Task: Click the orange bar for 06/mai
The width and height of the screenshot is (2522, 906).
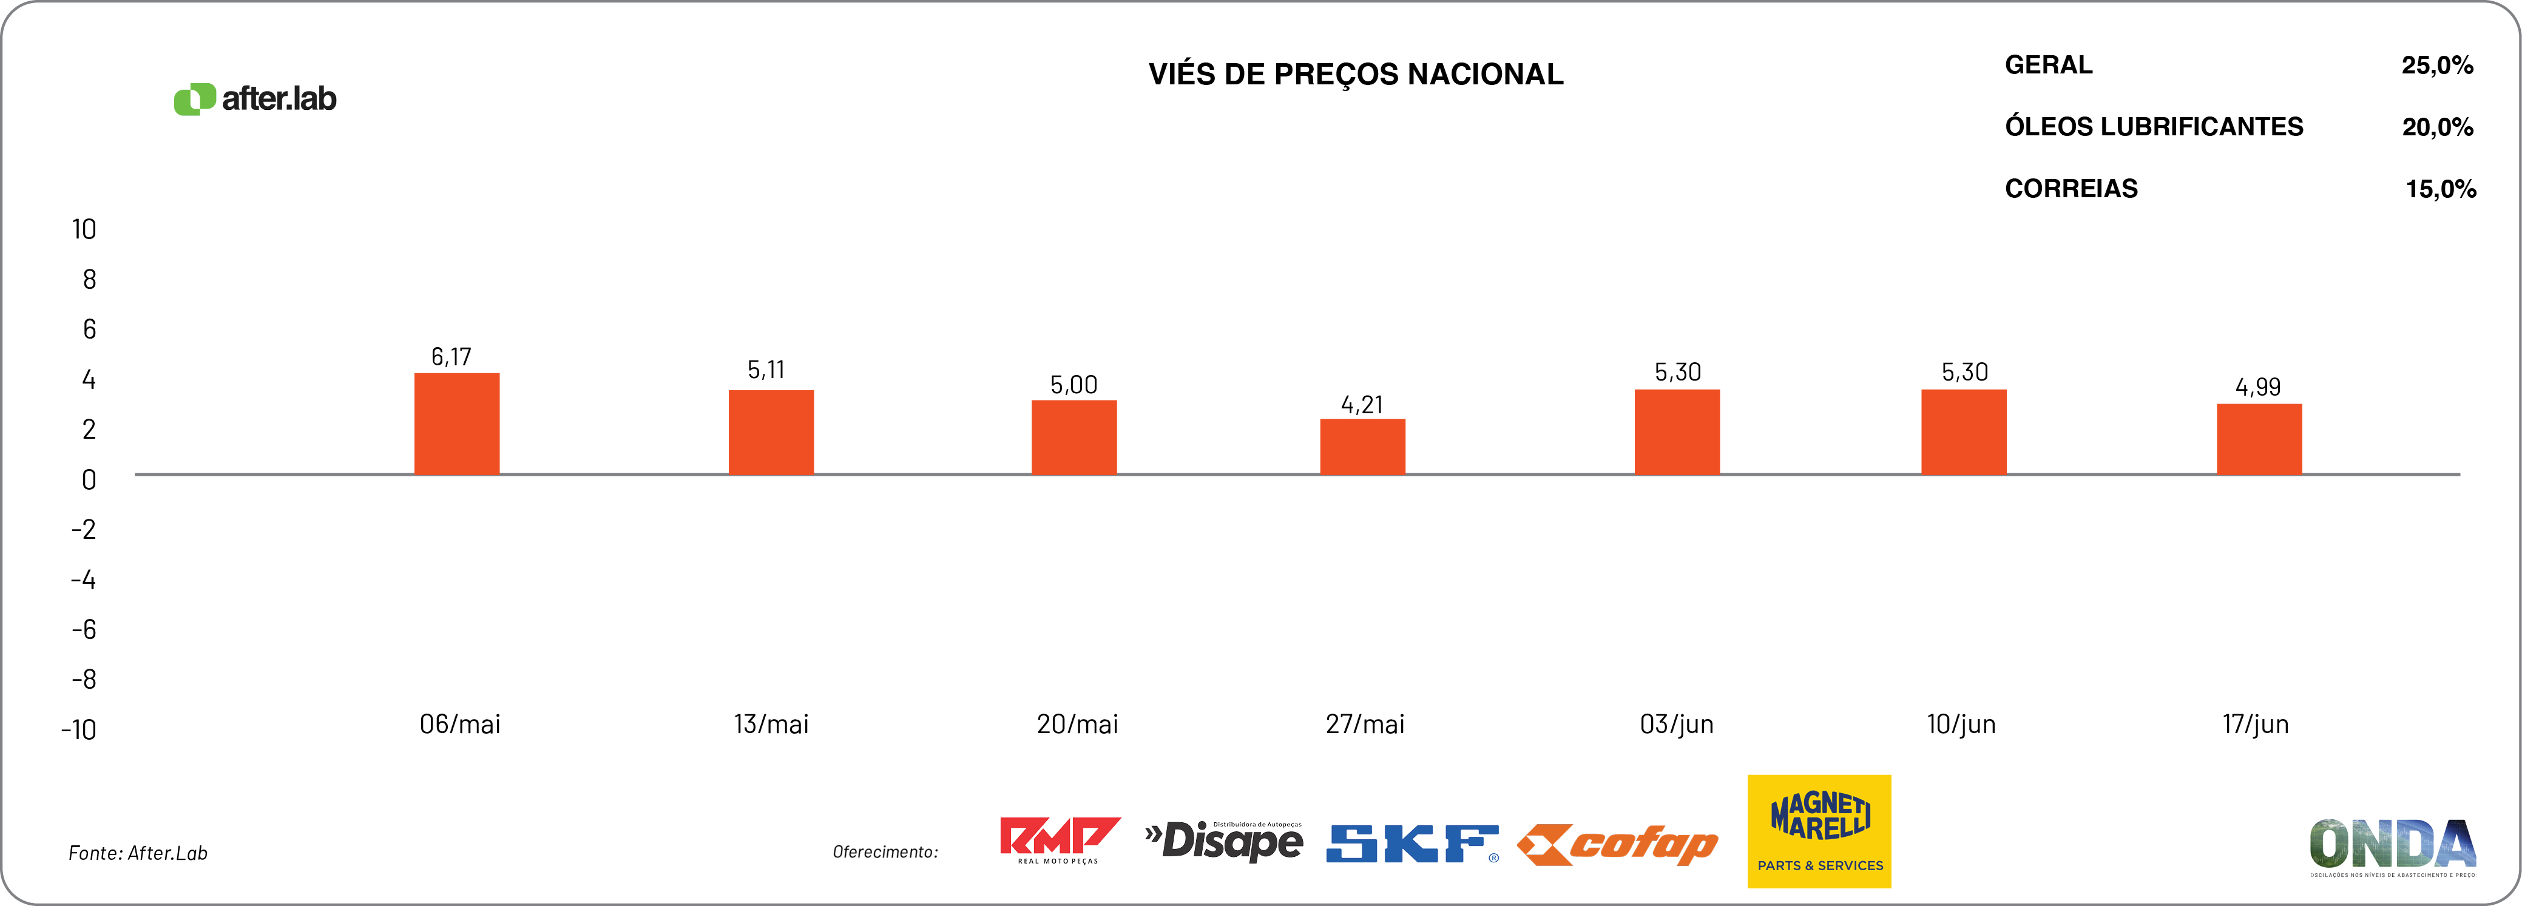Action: (456, 424)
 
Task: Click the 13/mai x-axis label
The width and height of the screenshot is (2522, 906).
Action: (771, 725)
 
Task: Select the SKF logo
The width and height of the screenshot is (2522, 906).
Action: (1411, 843)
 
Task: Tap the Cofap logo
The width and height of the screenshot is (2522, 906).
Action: (1617, 844)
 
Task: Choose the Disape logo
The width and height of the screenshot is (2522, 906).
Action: (1224, 841)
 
